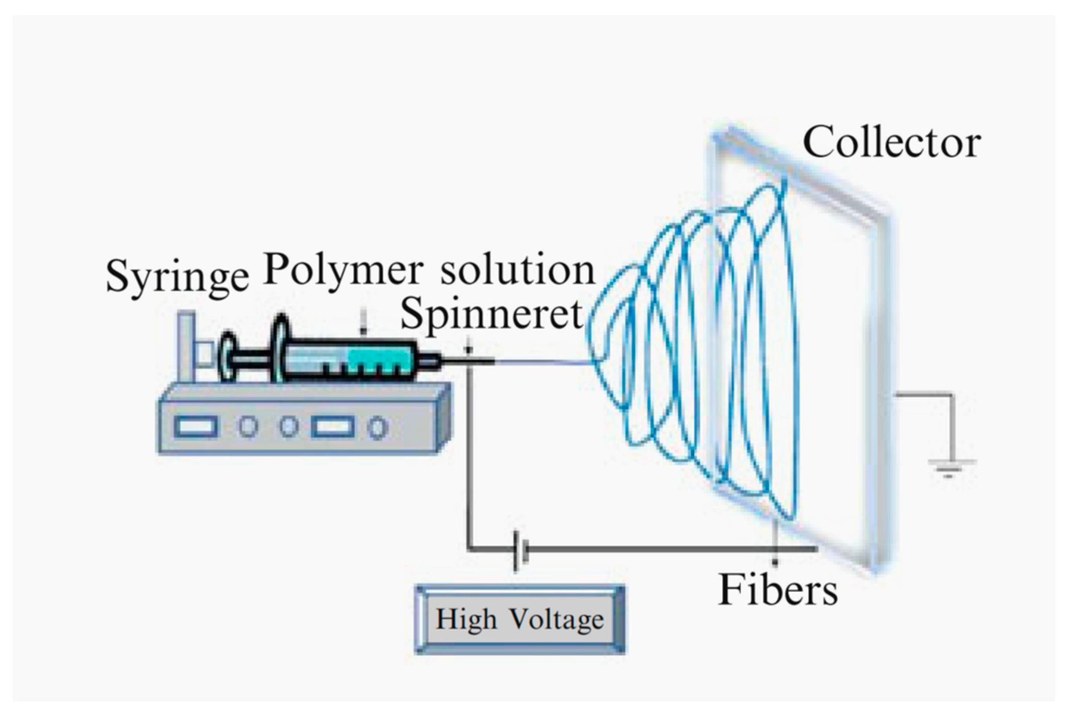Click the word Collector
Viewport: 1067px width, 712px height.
click(892, 143)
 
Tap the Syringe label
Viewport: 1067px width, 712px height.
click(177, 278)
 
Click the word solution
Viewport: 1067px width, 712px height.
click(518, 271)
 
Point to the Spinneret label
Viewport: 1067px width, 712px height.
click(491, 315)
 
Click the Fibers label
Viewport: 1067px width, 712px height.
click(778, 590)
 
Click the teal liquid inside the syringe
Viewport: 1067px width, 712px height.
click(379, 359)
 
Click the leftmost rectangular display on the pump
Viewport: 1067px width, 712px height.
click(195, 427)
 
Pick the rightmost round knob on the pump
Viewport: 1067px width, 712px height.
click(377, 428)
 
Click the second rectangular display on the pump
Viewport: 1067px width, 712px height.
click(333, 427)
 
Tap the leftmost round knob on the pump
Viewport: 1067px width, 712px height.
click(248, 426)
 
